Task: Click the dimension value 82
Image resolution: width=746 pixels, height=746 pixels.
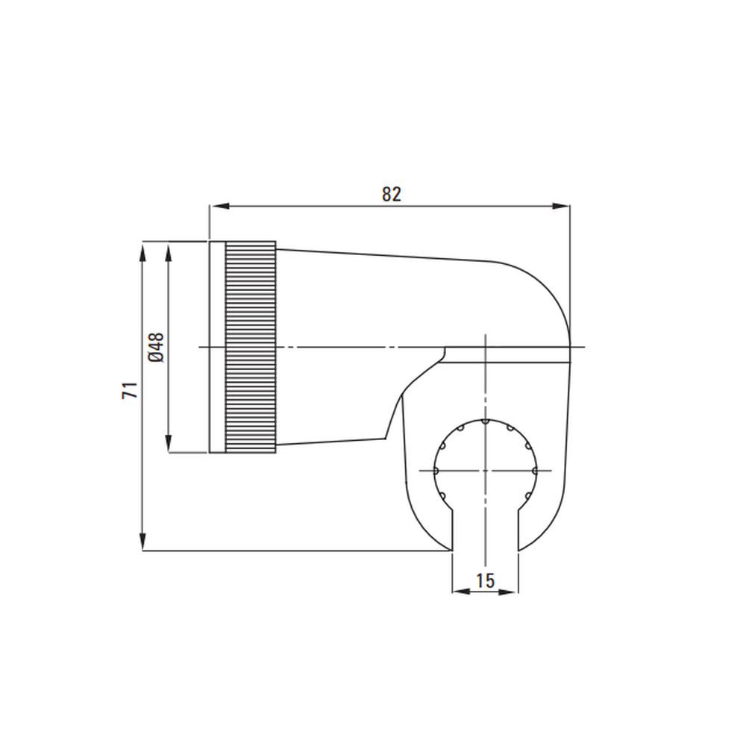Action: coord(392,194)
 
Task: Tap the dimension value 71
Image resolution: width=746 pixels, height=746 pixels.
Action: coord(130,390)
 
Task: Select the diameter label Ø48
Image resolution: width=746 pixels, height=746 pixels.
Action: coord(156,348)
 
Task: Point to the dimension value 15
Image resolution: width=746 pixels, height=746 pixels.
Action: coord(486,580)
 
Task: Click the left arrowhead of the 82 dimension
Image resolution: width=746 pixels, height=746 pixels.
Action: coord(219,206)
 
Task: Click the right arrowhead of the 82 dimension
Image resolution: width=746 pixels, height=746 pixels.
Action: coord(560,206)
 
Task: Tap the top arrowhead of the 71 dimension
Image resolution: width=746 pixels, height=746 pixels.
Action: coord(142,251)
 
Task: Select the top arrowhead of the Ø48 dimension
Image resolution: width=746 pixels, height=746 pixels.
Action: coord(168,251)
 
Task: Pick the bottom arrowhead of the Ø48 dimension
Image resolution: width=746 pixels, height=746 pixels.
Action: coord(168,443)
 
